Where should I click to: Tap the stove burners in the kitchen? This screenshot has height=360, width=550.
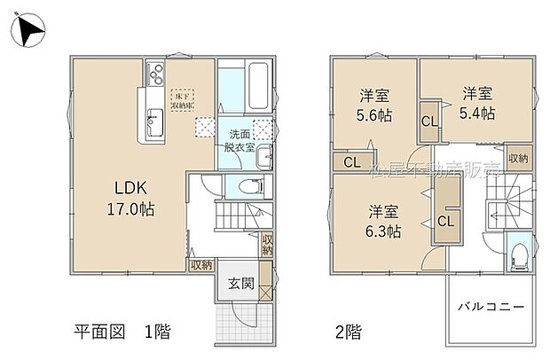[154, 71]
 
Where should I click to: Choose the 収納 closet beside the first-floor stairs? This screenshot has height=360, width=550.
[266, 244]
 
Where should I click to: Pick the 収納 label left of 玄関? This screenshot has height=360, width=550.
[200, 264]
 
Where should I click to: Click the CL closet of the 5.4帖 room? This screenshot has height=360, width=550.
[428, 122]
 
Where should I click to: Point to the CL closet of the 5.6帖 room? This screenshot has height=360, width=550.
[351, 162]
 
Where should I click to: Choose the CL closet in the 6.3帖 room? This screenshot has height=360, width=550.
[445, 219]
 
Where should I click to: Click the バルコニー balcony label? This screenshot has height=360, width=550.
[491, 308]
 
